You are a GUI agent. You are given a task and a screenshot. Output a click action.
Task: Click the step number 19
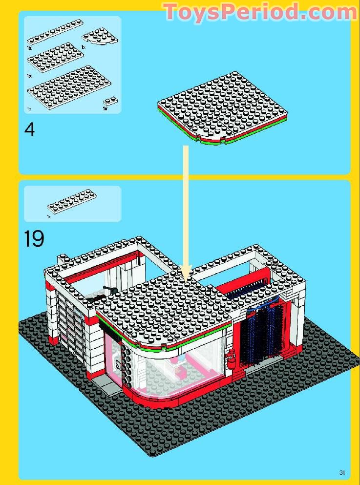[x=34, y=239]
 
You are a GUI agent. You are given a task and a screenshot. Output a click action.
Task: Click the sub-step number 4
[x=30, y=129]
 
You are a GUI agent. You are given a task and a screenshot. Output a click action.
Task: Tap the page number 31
[x=342, y=472]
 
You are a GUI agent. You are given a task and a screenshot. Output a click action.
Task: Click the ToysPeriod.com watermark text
[x=260, y=12]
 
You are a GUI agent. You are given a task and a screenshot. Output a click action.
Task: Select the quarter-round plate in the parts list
[x=100, y=37]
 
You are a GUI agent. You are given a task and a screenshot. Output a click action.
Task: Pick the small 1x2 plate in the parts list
[x=111, y=102]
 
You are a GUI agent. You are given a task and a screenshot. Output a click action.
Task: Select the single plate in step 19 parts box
[x=72, y=201]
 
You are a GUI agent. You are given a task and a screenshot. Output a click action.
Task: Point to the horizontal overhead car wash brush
[x=248, y=288]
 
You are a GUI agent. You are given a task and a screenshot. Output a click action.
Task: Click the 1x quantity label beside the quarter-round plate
[x=84, y=47]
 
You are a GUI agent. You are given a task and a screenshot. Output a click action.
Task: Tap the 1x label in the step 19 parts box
[x=49, y=216]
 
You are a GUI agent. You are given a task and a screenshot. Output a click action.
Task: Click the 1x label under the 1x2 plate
[x=105, y=109]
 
